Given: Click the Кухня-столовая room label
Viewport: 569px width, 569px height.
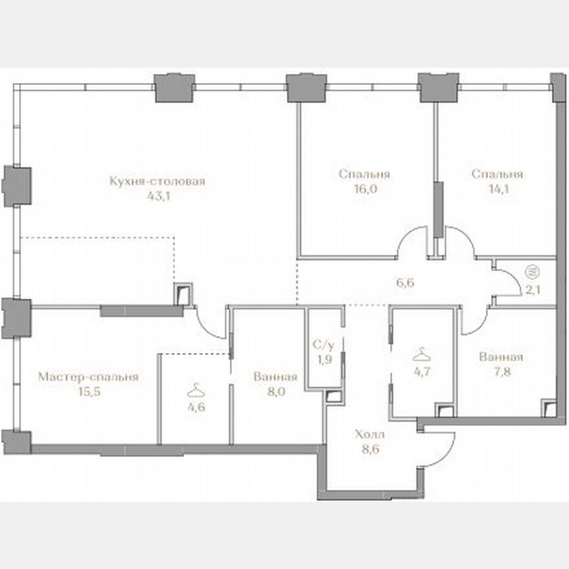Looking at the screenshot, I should [x=157, y=182].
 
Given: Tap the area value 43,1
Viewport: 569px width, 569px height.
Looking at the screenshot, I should [x=157, y=196].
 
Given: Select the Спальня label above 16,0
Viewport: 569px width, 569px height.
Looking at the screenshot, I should [x=364, y=175].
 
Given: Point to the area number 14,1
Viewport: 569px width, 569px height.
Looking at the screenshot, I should [x=497, y=188].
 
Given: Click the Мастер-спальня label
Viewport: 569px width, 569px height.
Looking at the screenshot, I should [x=88, y=377].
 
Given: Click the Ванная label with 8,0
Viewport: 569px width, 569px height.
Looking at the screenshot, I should [x=275, y=377].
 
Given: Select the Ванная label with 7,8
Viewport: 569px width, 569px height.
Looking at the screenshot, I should [x=501, y=357].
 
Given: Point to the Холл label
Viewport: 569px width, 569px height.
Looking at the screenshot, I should [x=369, y=435].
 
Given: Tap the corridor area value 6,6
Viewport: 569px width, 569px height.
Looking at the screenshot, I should [x=404, y=284].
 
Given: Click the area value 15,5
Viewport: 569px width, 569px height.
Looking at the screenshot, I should [x=88, y=392].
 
